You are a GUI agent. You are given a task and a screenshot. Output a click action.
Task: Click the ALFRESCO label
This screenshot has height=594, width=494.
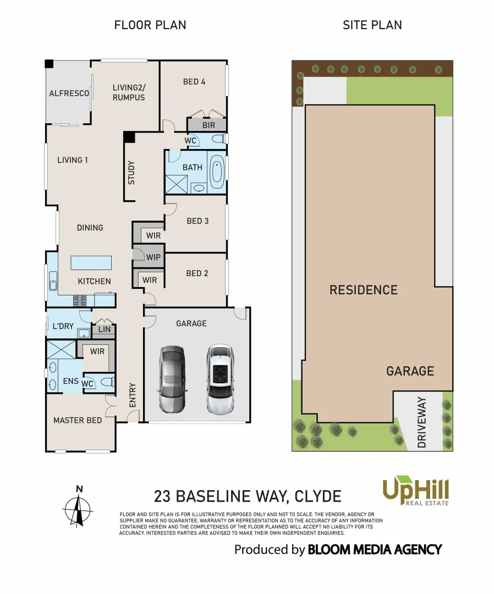click(x=69, y=94)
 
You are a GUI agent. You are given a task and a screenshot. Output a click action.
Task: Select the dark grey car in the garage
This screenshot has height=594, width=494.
click(x=172, y=380)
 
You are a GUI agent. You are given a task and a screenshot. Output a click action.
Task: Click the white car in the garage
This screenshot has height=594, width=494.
click(x=220, y=380)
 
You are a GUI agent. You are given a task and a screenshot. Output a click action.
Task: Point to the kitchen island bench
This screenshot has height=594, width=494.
click(x=91, y=262)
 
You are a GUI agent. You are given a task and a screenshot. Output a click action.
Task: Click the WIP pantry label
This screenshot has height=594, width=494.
click(x=153, y=257)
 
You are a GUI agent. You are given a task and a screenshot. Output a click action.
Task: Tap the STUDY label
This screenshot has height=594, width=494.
click(x=131, y=173)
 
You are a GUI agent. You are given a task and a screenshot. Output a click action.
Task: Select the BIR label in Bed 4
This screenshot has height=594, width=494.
click(x=208, y=125)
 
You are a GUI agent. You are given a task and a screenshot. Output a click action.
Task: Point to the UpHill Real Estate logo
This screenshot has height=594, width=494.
click(x=416, y=491)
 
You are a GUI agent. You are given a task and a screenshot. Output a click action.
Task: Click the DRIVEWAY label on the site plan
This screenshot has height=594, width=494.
click(x=422, y=422)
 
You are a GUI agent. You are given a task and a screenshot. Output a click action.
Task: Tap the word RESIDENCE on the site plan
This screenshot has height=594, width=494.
click(x=363, y=290)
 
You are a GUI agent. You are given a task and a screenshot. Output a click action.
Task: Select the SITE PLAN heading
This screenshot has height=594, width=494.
click(x=372, y=25)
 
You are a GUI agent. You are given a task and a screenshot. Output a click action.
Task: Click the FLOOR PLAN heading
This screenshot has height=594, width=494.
click(x=150, y=25)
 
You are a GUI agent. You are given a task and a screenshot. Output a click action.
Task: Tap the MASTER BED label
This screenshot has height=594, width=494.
click(x=78, y=420)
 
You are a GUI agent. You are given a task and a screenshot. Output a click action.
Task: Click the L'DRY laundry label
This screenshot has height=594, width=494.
click(x=63, y=326)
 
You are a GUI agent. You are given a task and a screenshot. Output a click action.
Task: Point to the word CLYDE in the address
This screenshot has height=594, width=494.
click(x=318, y=497)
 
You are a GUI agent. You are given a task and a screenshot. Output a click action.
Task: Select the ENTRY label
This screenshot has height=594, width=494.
click(x=132, y=395)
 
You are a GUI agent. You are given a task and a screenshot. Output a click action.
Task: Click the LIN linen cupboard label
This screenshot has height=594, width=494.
click(x=104, y=330)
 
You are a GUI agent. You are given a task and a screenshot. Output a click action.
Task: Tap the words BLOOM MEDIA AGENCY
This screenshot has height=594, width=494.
click(x=375, y=549)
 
